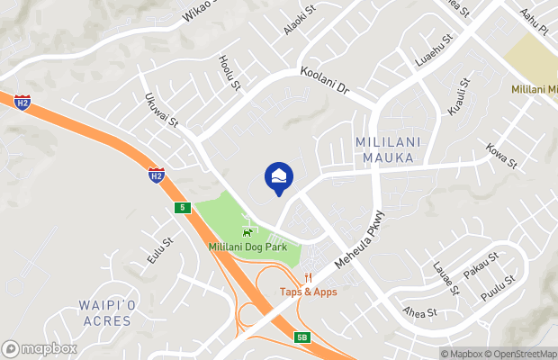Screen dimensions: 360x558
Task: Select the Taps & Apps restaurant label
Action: coord(308,292)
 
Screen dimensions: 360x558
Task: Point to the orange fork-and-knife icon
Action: coord(308,277)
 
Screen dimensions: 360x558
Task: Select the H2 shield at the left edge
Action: coord(22,103)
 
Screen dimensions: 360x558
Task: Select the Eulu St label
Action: coord(161,249)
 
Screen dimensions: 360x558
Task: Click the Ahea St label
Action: coord(419,313)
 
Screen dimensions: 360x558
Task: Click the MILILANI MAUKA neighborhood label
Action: coord(384,150)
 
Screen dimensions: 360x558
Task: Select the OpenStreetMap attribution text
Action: coord(522,354)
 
